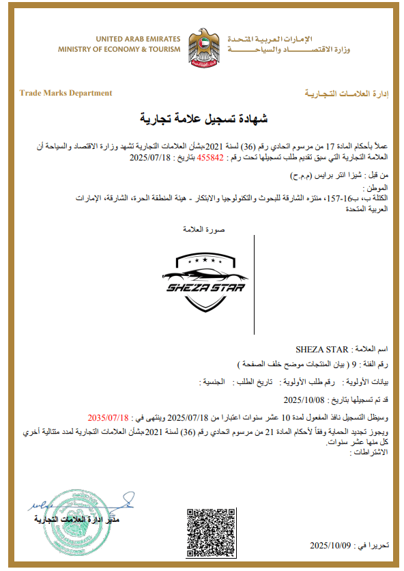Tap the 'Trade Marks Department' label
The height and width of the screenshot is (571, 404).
pyautogui.click(x=66, y=93)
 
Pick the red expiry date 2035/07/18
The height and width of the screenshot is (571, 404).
pyautogui.click(x=109, y=416)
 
